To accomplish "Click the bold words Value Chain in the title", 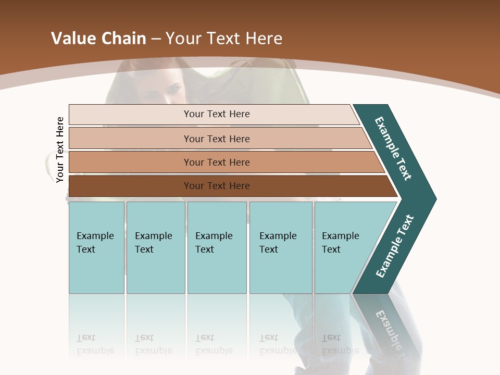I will click(98, 38).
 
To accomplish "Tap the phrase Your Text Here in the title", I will click(224, 38).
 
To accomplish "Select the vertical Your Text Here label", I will click(60, 150).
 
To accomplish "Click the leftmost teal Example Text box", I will click(96, 247).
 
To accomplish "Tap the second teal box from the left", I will click(156, 247).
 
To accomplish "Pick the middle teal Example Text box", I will click(217, 247).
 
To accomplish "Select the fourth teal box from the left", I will click(281, 247).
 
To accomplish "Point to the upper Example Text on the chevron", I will click(393, 148).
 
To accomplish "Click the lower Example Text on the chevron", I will click(395, 246).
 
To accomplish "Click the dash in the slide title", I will click(156, 39).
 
